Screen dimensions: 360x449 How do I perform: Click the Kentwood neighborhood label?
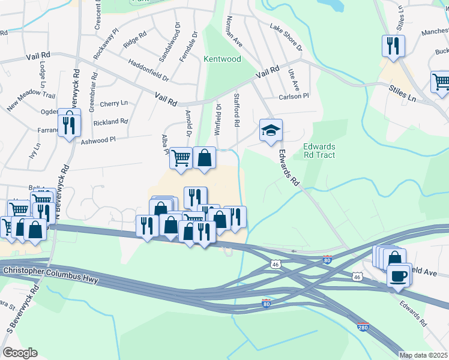(222, 59)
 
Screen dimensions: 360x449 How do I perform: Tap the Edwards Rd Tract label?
(319, 150)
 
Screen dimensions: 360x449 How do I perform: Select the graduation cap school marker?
(271, 130)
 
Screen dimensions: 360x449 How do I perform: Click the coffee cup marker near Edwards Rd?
(399, 276)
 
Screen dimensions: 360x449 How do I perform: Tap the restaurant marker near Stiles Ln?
(393, 46)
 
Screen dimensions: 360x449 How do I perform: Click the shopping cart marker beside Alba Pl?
(181, 158)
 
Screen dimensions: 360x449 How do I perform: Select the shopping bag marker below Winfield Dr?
(204, 158)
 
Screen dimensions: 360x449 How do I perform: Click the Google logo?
(20, 353)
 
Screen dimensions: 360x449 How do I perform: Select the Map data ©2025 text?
(423, 355)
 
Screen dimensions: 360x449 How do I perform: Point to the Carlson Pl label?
(294, 96)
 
